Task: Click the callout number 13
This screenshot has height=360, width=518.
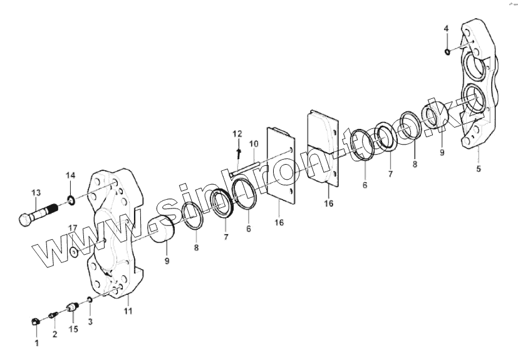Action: [x=36, y=192]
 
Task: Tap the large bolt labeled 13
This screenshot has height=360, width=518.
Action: [x=38, y=214]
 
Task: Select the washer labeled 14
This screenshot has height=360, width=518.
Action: [x=71, y=200]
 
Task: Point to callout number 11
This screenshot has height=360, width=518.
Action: [x=128, y=311]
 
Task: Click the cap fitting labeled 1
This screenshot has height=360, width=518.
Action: [x=36, y=321]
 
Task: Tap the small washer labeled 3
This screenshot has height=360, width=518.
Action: [x=90, y=299]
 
